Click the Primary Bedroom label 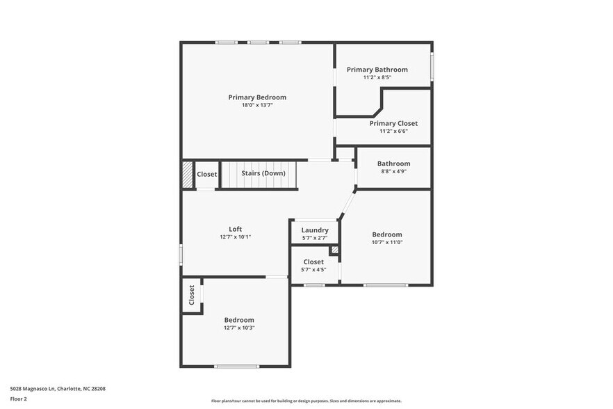pos(257,97)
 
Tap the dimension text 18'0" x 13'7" pos(257,106)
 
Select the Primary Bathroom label pos(377,70)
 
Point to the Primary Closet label pos(393,123)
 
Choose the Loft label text pos(236,229)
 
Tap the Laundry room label pos(314,230)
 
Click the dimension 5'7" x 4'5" pos(313,269)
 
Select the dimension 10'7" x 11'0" pos(386,242)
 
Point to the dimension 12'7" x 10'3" pos(239,328)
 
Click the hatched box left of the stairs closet pos(187,174)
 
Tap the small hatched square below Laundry pos(334,250)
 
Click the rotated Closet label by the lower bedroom pos(192,296)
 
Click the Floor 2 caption pos(18,399)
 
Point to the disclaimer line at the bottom pos(306,401)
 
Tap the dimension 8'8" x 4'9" pos(393,171)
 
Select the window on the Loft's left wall pos(181,254)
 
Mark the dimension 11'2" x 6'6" pos(393,131)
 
